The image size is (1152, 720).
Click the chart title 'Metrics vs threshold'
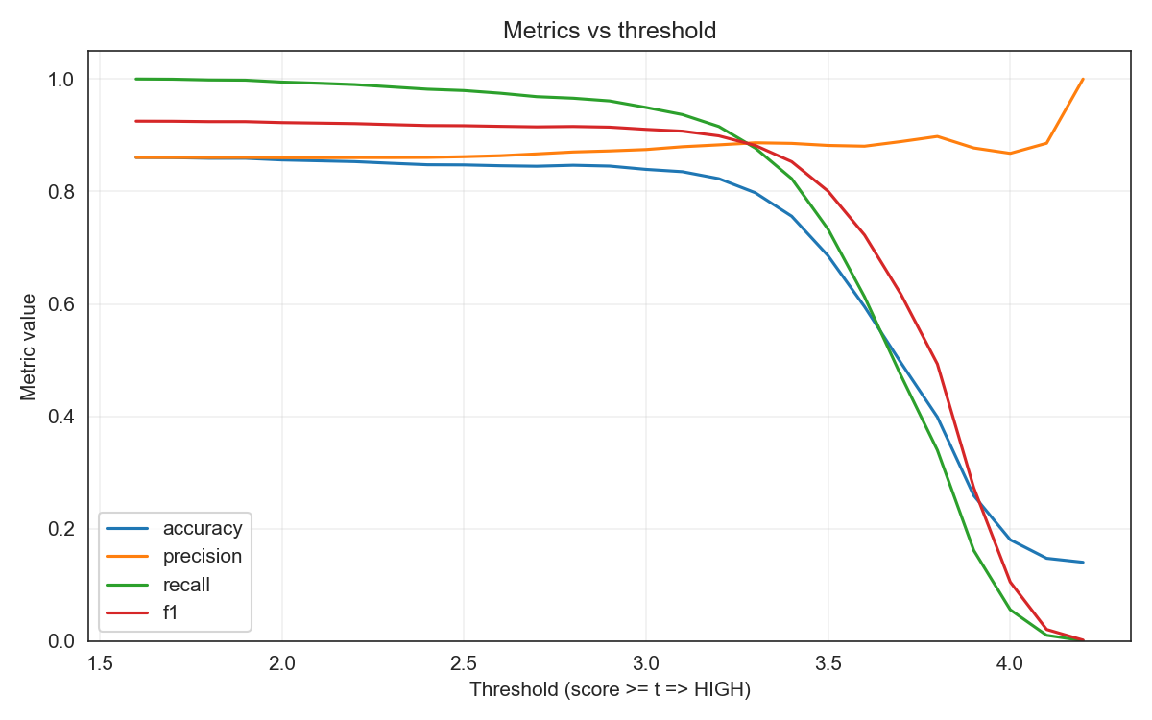click(x=610, y=31)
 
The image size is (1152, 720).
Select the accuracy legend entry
click(x=202, y=527)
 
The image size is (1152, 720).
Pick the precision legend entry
click(x=202, y=556)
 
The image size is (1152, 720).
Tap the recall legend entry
click(x=186, y=585)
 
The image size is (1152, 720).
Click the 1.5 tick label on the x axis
click(x=100, y=663)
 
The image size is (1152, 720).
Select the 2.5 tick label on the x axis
click(x=464, y=663)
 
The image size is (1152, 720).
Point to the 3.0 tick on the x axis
click(x=646, y=663)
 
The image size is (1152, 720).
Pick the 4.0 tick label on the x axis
click(x=1010, y=663)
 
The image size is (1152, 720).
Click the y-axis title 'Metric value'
click(x=28, y=347)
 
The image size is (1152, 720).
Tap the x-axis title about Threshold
click(x=610, y=689)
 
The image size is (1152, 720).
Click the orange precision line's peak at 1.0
click(x=1083, y=79)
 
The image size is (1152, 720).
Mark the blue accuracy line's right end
click(x=1083, y=562)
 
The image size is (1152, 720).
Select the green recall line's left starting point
click(x=136, y=79)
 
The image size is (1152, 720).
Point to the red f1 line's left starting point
click(x=136, y=121)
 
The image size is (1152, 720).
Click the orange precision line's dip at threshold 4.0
click(x=1010, y=153)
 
